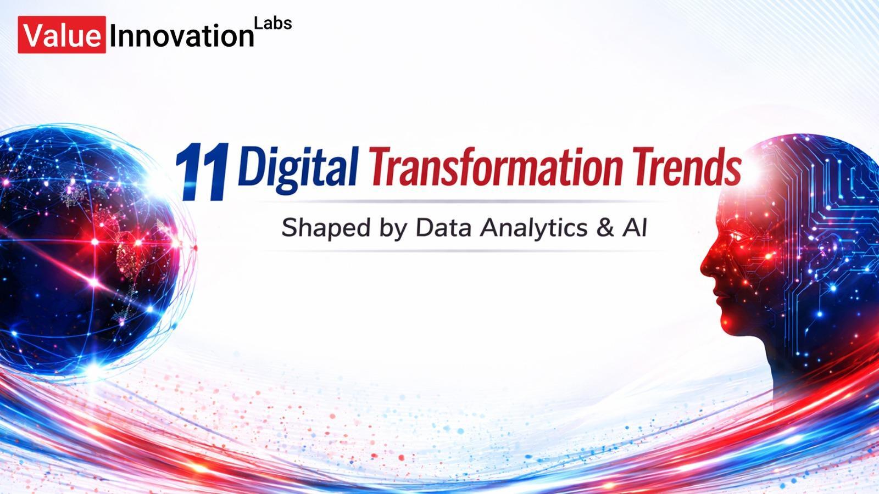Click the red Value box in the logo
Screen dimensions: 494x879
pyautogui.click(x=62, y=35)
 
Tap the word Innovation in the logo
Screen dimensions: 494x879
pyautogui.click(x=181, y=36)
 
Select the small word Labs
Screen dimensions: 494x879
pyautogui.click(x=273, y=24)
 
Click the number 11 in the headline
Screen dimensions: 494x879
pyautogui.click(x=202, y=171)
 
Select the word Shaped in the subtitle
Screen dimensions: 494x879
pyautogui.click(x=326, y=228)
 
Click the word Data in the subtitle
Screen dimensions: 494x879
pyautogui.click(x=443, y=227)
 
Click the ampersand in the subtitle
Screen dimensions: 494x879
pyautogui.click(x=605, y=227)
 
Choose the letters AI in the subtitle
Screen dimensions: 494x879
pyautogui.click(x=635, y=227)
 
